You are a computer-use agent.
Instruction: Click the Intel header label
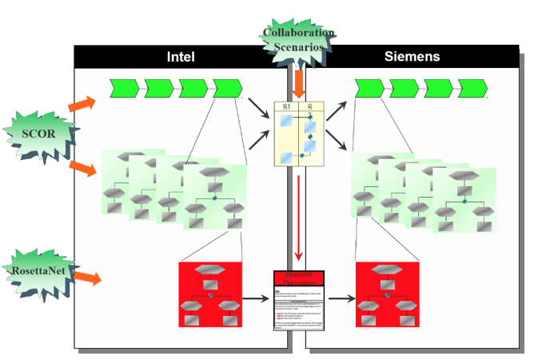(181, 57)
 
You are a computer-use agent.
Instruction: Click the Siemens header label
(412, 57)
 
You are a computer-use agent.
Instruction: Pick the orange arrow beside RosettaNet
(87, 278)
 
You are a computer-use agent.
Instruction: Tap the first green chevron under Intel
(123, 87)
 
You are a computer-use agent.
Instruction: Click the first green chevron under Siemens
(369, 87)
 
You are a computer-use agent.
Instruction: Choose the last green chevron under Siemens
(473, 87)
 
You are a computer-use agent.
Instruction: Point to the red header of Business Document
(299, 278)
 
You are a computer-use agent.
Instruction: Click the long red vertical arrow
(298, 216)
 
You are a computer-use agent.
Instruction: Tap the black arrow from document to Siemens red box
(341, 300)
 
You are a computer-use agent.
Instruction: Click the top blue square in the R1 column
(286, 120)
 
